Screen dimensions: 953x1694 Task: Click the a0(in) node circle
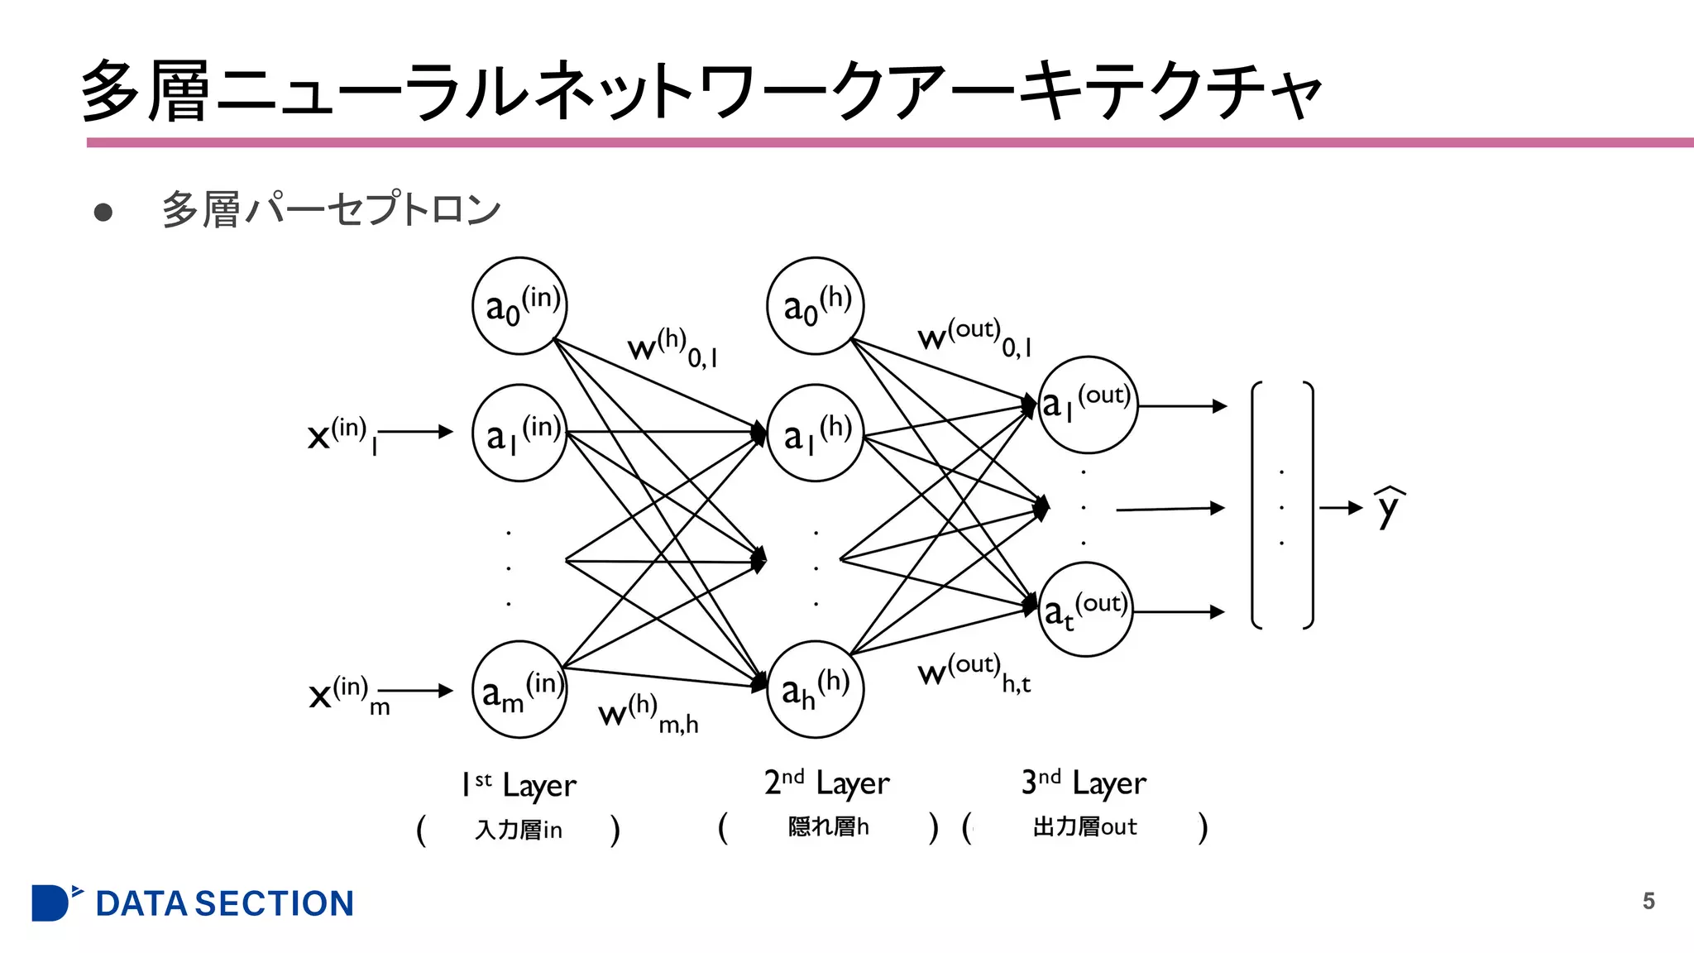click(x=519, y=306)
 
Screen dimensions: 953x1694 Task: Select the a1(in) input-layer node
click(x=519, y=433)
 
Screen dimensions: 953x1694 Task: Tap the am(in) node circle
click(x=519, y=689)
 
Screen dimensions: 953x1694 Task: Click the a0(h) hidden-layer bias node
click(x=816, y=306)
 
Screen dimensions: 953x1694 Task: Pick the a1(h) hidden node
click(x=816, y=433)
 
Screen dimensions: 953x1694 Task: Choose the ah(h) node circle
click(x=816, y=689)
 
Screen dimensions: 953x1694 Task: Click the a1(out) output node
click(x=1088, y=405)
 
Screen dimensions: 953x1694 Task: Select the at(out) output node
click(x=1085, y=610)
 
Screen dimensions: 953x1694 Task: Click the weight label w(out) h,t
click(x=974, y=672)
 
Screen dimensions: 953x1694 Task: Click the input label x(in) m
click(x=348, y=693)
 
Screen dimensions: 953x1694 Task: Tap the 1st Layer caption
click(x=519, y=784)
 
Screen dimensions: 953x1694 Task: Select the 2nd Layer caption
click(x=826, y=783)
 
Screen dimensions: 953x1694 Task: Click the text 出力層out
click(x=1084, y=826)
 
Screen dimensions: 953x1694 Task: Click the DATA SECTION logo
click(x=193, y=903)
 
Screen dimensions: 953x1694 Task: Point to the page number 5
click(x=1648, y=901)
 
